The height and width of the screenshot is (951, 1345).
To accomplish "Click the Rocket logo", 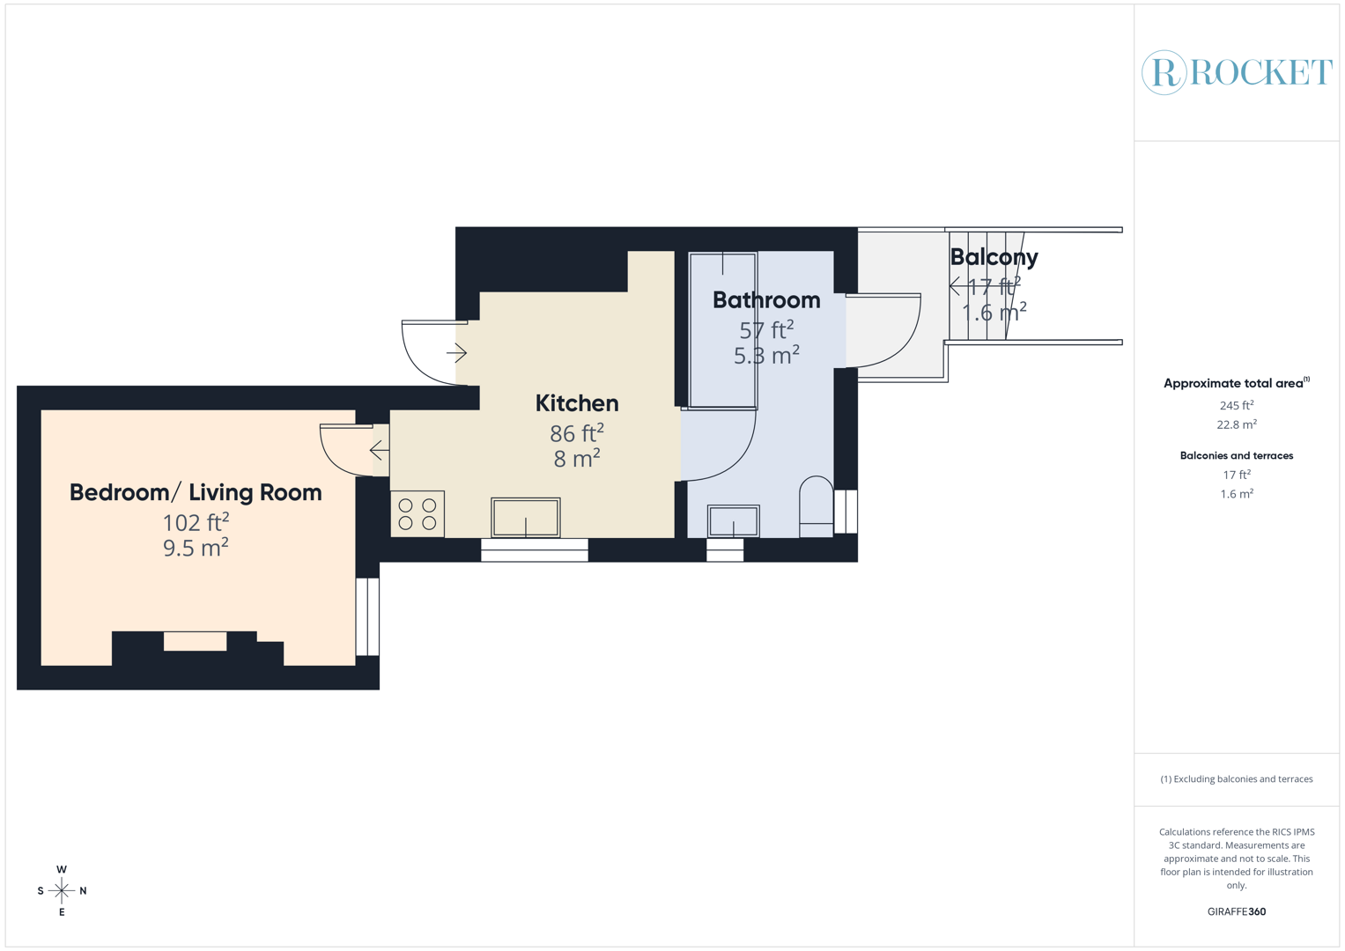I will pos(1237,72).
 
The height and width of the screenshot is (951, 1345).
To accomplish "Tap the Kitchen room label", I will pos(577,403).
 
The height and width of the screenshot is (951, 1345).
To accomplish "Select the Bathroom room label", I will pos(765,300).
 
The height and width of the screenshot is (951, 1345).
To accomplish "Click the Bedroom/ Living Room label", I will pos(196,492).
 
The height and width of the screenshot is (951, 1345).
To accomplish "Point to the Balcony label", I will pos(994,257).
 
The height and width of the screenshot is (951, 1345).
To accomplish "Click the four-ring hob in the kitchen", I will pos(418,514).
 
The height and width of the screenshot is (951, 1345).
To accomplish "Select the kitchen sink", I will pos(526,517).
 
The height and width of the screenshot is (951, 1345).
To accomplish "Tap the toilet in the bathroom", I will pos(816,506).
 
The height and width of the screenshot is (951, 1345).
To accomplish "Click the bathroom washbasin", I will pos(733,520).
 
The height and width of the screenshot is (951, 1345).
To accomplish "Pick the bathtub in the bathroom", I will pos(722,330).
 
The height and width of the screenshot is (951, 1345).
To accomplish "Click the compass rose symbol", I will pos(62,891).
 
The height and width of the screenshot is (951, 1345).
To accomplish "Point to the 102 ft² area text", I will pos(196,522).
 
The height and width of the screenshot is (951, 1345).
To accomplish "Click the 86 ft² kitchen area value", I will pos(577,433).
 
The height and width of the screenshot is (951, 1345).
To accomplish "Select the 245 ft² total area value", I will pos(1236,406).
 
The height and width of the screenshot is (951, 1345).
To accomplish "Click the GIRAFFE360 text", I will pos(1236,911).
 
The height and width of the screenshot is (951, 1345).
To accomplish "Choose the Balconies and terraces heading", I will pos(1236,455).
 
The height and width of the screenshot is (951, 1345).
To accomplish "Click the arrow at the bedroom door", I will pos(379,450).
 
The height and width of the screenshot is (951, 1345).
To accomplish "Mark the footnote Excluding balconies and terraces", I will pos(1236,779).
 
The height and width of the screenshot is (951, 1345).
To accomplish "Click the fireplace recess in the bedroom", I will pos(196,641).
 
